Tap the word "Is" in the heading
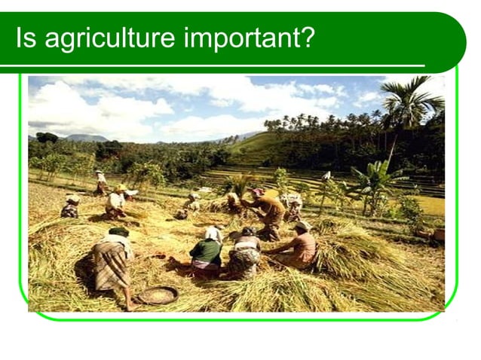(x=26, y=38)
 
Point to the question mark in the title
(x=307, y=38)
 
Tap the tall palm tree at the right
(x=408, y=105)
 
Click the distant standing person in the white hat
(x=100, y=183)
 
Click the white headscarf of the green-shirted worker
(x=213, y=233)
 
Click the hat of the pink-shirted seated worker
(x=302, y=225)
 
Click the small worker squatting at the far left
(x=71, y=206)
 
